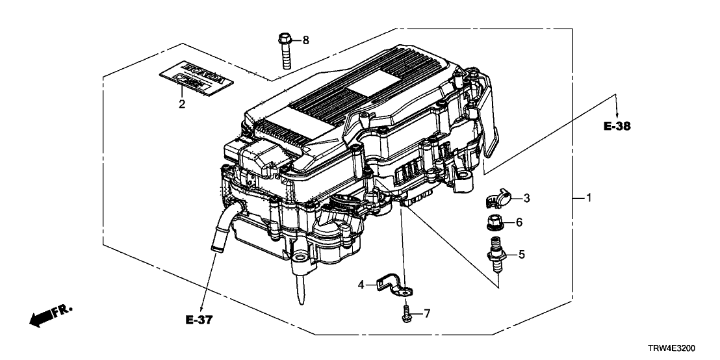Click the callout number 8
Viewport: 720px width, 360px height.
click(306, 40)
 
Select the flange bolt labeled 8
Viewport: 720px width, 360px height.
click(287, 49)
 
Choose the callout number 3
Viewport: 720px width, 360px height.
click(527, 198)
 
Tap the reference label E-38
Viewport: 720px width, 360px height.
click(617, 128)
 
